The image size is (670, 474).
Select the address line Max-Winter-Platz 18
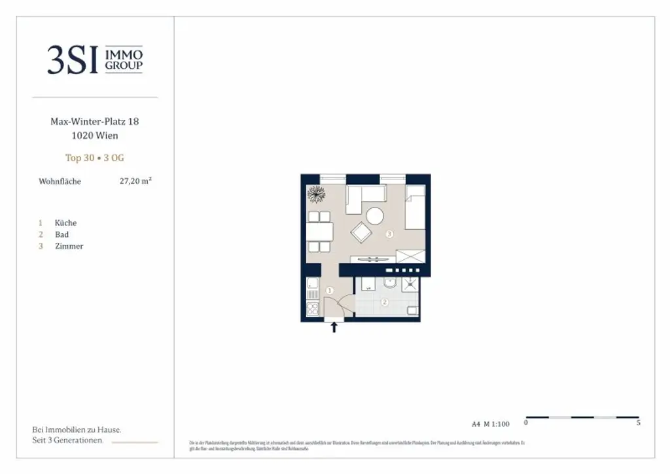95,121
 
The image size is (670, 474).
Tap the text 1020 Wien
95,136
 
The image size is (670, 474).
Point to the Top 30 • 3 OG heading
95,158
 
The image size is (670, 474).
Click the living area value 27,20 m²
135,181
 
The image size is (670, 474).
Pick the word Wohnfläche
60,181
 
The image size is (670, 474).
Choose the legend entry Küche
65,223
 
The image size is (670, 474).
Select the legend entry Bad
62,234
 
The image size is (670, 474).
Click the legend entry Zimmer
69,246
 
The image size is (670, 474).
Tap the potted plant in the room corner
316,194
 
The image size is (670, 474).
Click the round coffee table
376,216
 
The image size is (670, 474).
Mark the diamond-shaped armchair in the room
361,232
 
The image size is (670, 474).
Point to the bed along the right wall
415,207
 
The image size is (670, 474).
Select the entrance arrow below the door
334,327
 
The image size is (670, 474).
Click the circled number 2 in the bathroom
385,302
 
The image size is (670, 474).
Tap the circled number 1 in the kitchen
330,290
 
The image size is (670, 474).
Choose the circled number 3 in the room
389,233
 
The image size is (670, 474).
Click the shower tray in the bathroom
410,284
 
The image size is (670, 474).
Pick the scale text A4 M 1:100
490,424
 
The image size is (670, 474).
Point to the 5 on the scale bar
638,423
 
